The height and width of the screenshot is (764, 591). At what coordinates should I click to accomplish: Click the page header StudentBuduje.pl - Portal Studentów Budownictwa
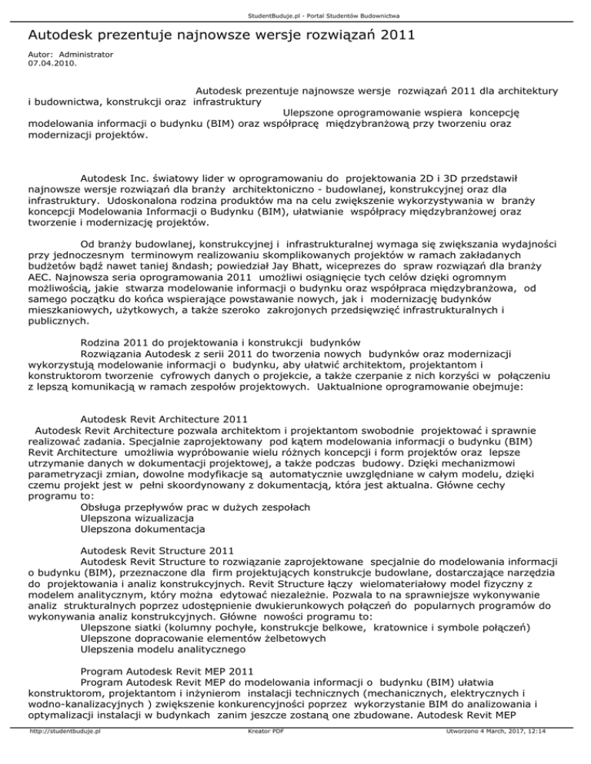pyautogui.click(x=295, y=14)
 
